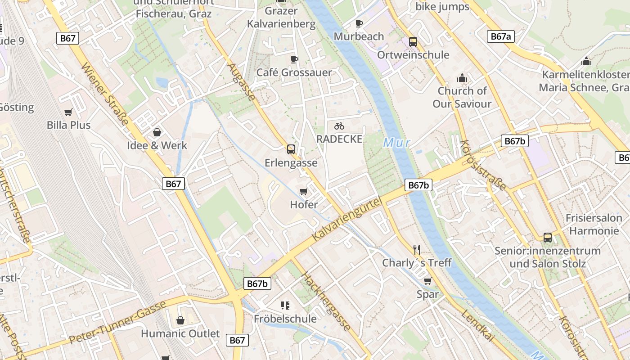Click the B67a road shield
(x=500, y=36)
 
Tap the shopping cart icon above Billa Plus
(x=68, y=112)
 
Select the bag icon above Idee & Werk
(x=157, y=132)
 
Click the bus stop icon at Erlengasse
(x=291, y=149)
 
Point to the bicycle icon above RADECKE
(x=339, y=126)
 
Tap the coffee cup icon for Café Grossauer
(x=294, y=59)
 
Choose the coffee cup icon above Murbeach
(x=359, y=23)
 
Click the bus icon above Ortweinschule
(x=413, y=42)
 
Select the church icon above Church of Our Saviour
(x=462, y=78)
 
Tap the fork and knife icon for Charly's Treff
(x=417, y=249)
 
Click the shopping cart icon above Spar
(x=427, y=281)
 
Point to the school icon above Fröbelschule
(x=285, y=306)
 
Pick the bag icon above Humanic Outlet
(x=180, y=320)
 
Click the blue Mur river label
(x=397, y=143)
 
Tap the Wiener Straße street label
(x=105, y=95)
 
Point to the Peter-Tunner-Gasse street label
(x=118, y=321)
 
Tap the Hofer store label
(x=304, y=204)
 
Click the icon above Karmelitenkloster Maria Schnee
(x=586, y=61)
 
